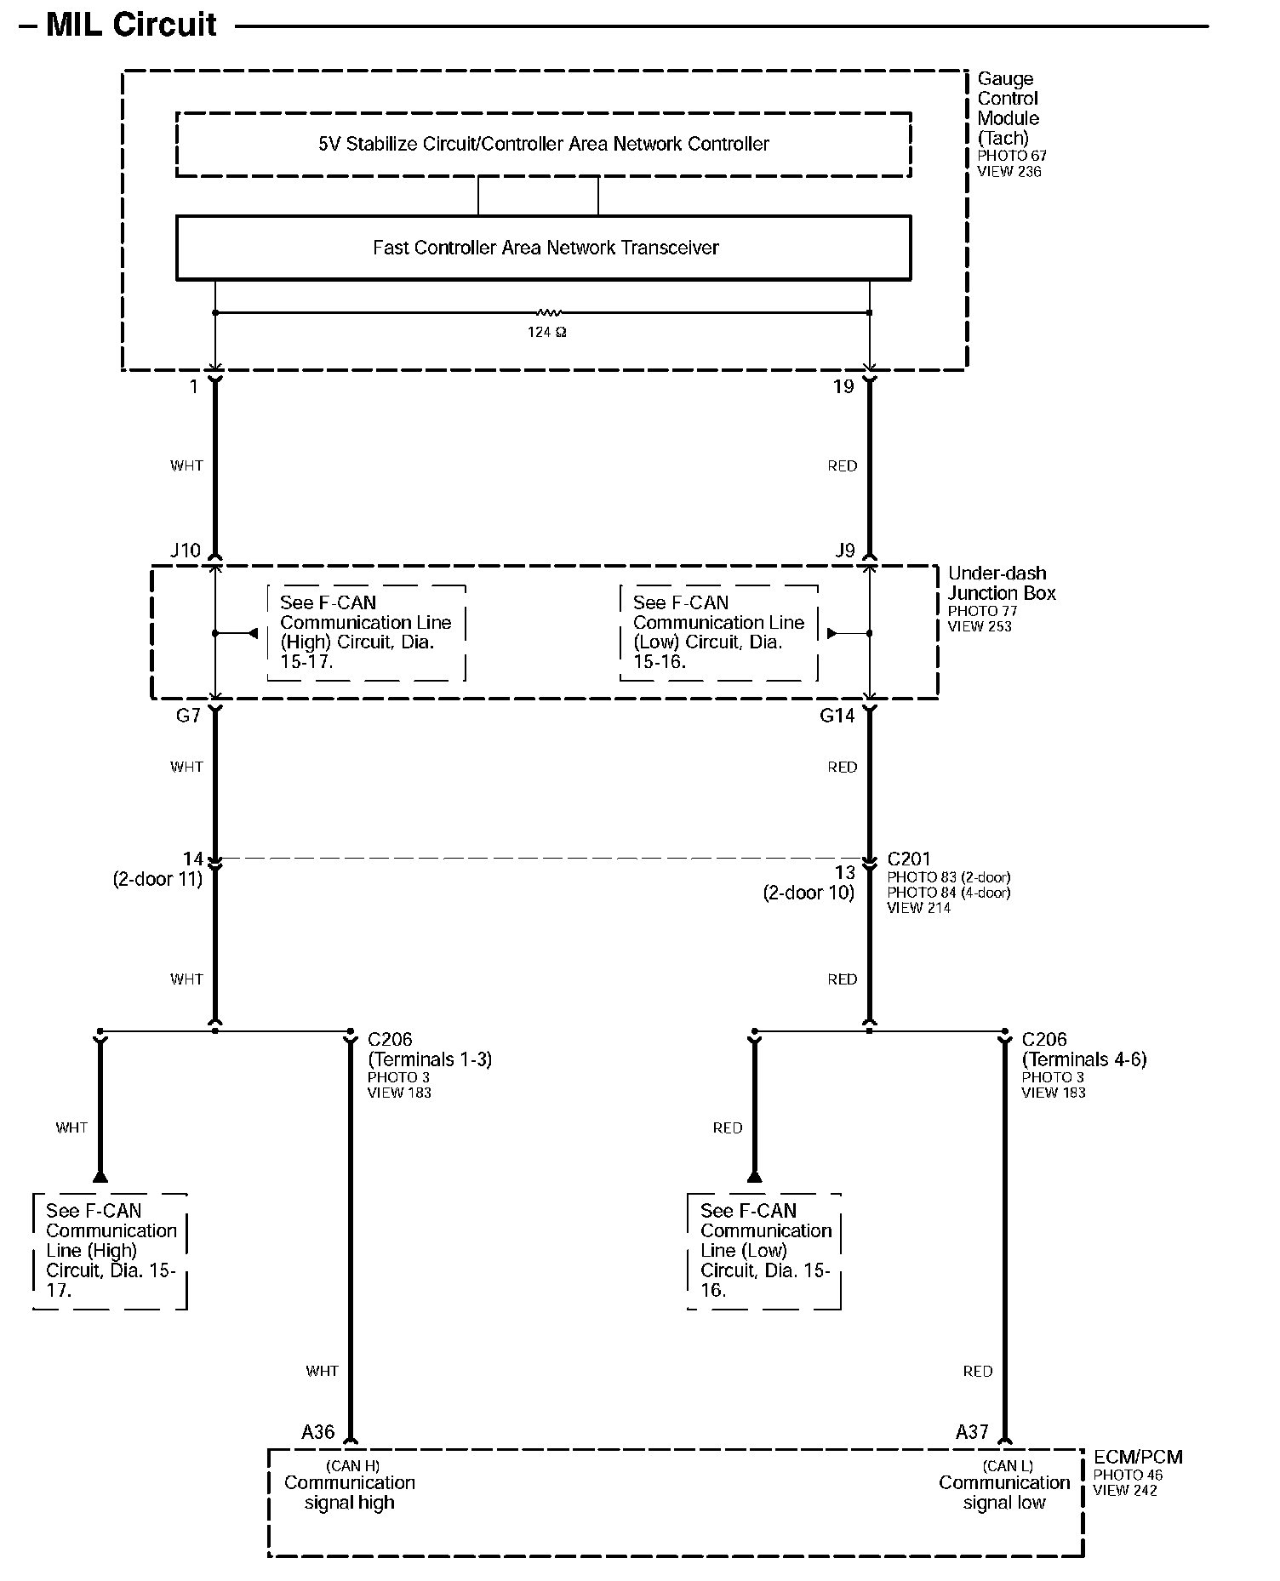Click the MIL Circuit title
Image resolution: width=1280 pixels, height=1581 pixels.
click(x=131, y=25)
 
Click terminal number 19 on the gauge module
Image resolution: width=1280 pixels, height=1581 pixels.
click(x=843, y=387)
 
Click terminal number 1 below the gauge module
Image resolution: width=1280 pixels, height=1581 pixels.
click(x=194, y=387)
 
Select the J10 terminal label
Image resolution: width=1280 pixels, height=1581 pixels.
click(x=186, y=551)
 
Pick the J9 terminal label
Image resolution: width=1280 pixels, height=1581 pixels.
click(x=844, y=551)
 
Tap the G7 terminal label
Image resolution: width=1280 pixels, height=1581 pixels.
click(x=188, y=716)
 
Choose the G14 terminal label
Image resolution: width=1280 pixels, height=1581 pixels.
click(x=837, y=716)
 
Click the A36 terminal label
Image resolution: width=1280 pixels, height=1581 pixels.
click(x=317, y=1432)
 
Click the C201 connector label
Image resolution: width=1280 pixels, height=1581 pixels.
click(x=909, y=859)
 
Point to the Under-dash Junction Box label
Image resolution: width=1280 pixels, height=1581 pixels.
click(x=1001, y=584)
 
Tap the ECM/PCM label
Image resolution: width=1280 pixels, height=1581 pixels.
click(x=1137, y=1457)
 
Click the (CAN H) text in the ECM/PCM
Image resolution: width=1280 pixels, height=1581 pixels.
click(x=352, y=1465)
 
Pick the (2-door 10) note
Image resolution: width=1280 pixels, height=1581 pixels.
click(x=809, y=893)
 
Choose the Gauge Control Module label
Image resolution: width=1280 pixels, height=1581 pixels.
click(x=1008, y=108)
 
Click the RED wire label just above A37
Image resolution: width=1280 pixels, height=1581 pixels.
click(x=978, y=1371)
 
